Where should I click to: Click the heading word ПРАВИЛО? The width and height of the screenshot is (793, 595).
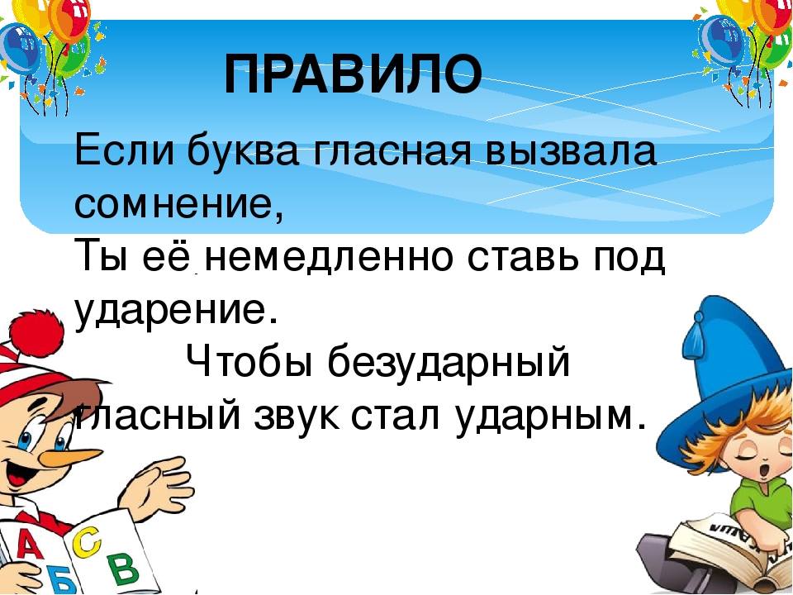(353, 75)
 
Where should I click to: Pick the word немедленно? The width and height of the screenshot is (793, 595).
(330, 259)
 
